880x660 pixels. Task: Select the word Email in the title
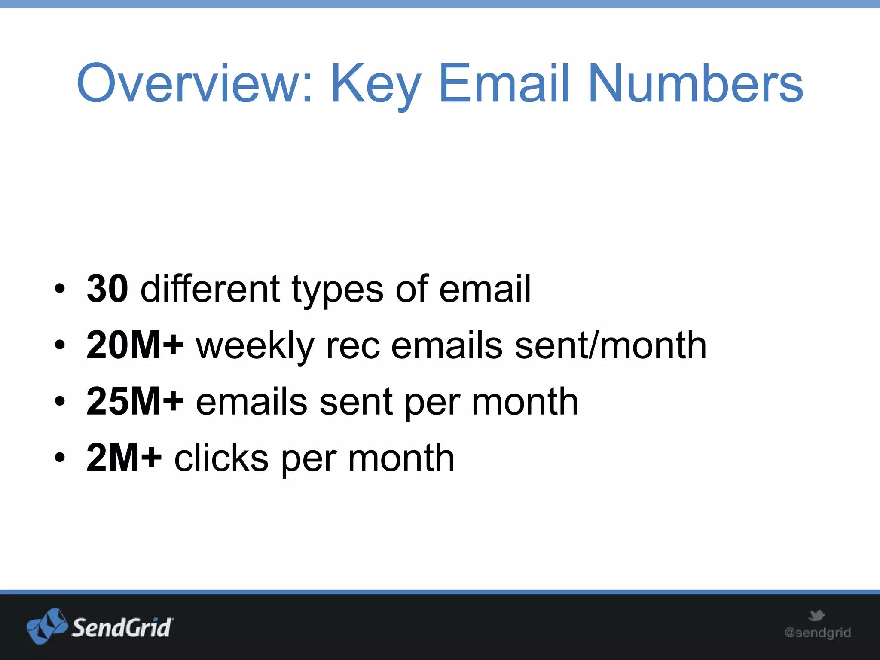point(504,83)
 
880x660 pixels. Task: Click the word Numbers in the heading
point(696,83)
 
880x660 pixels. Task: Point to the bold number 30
point(107,289)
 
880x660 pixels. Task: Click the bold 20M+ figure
point(135,345)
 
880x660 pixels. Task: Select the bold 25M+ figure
point(135,401)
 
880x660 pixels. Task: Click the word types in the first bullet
point(337,290)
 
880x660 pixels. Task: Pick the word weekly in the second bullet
point(255,346)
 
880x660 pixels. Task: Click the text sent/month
point(610,345)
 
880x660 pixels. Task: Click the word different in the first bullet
point(211,289)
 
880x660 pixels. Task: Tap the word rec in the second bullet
point(353,347)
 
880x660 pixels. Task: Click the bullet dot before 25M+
point(60,401)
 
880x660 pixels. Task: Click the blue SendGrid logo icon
point(47,626)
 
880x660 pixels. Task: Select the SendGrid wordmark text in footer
point(122,628)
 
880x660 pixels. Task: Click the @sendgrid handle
point(817,632)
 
